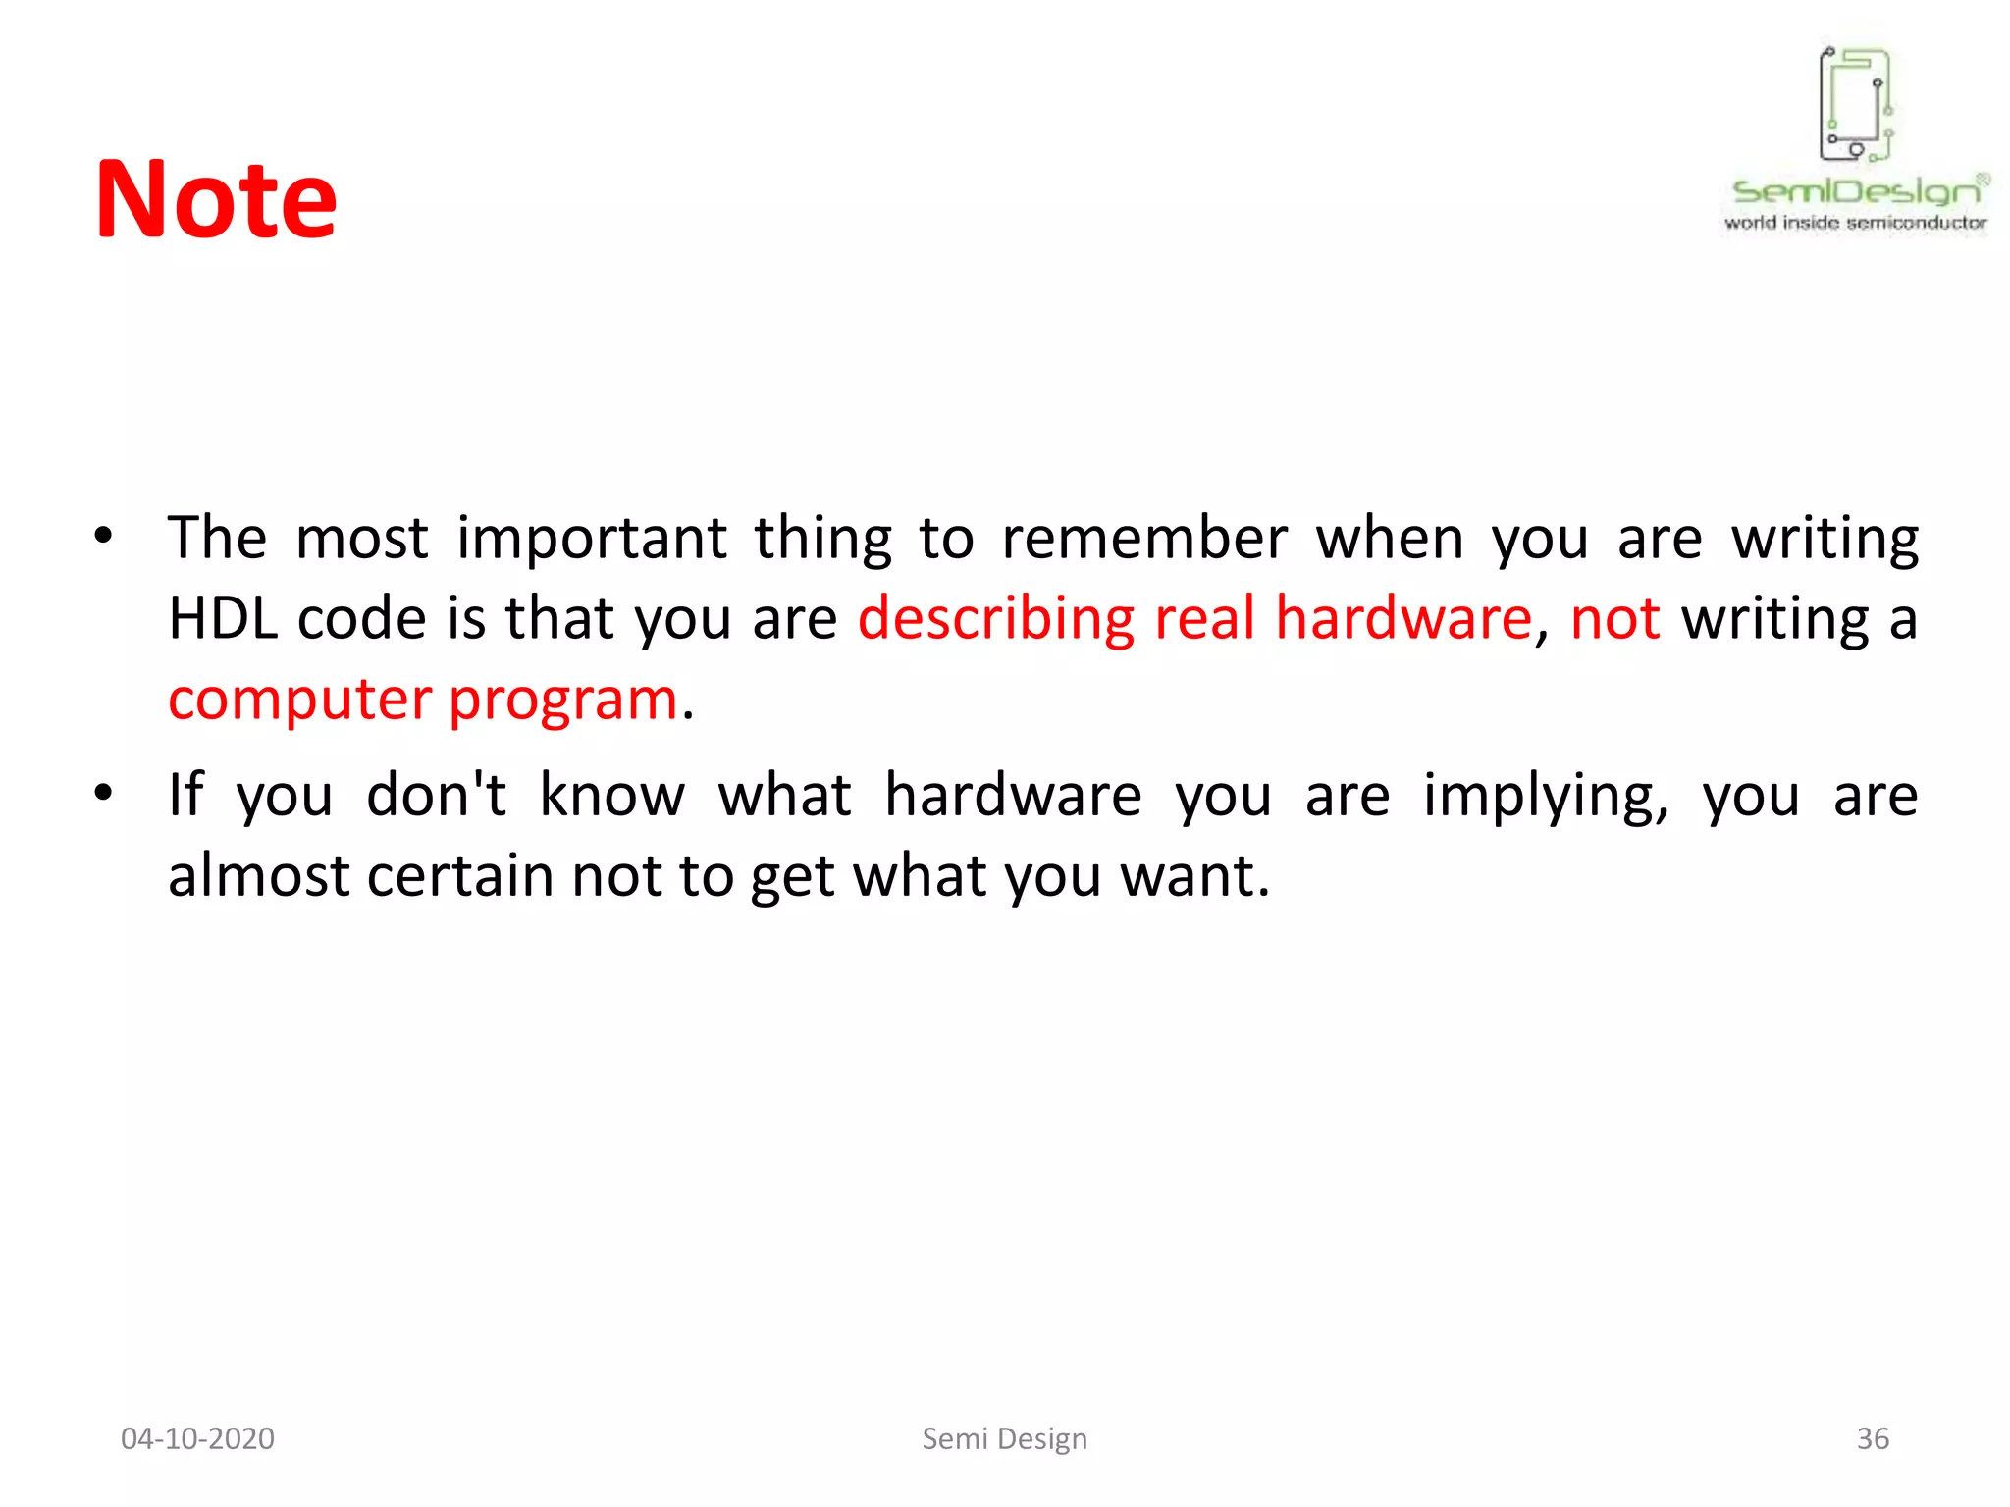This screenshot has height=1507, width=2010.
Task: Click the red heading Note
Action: pyautogui.click(x=215, y=200)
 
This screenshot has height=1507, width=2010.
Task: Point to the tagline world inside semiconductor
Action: pyautogui.click(x=1855, y=223)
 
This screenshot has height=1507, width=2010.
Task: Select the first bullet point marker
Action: pyautogui.click(x=103, y=537)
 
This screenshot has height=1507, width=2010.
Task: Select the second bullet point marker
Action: pyautogui.click(x=103, y=793)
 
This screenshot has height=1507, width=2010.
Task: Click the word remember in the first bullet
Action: pyautogui.click(x=1143, y=539)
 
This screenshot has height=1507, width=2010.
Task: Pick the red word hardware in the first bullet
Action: pyautogui.click(x=1402, y=619)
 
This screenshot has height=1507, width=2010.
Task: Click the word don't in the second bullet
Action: pyautogui.click(x=437, y=795)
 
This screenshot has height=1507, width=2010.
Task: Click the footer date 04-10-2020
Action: pyautogui.click(x=197, y=1438)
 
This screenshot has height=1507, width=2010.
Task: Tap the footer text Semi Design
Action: pyautogui.click(x=1004, y=1438)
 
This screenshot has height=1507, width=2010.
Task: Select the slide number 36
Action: pyautogui.click(x=1872, y=1438)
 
